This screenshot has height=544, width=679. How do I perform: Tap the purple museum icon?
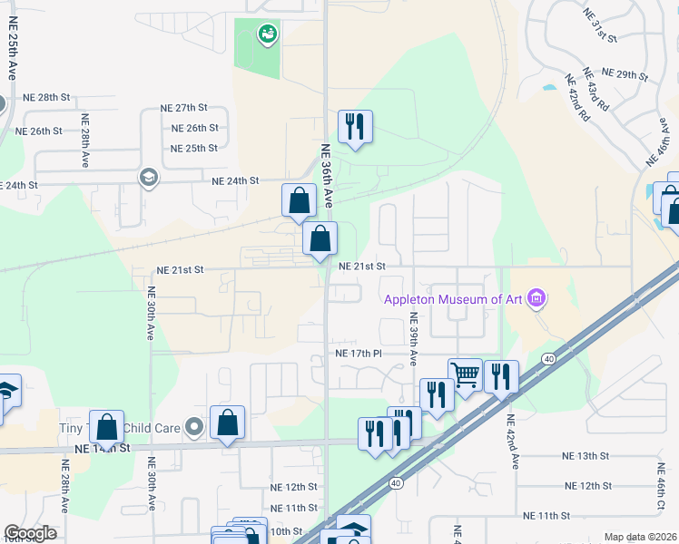[x=536, y=297]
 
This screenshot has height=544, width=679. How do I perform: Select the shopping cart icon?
[x=465, y=374]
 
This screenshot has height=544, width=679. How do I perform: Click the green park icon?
[x=267, y=34]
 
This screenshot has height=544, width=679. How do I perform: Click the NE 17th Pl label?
[x=361, y=353]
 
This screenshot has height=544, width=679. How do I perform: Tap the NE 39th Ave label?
[x=413, y=339]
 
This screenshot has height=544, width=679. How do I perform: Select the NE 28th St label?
[x=46, y=97]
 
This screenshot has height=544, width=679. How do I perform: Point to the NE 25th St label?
[x=194, y=148]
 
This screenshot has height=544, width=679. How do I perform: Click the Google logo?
[x=30, y=533]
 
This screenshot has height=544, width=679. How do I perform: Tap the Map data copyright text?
[x=640, y=537]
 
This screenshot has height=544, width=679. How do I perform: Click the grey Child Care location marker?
[x=192, y=426]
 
